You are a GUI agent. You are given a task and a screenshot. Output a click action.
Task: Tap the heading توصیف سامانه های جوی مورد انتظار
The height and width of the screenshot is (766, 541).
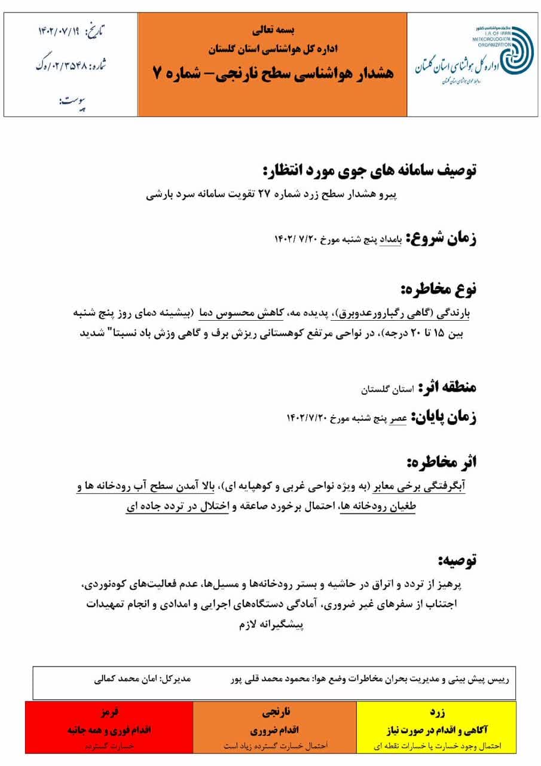pos(369,170)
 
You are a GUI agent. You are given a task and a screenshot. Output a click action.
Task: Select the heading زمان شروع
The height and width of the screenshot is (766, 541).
pos(442,238)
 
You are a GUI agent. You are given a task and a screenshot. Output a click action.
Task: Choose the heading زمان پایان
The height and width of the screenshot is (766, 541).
pos(443,417)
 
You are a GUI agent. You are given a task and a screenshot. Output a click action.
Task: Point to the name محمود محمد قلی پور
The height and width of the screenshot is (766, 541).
pos(263,680)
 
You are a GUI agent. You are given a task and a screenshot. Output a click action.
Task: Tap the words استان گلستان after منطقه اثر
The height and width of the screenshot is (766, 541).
pos(387,389)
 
